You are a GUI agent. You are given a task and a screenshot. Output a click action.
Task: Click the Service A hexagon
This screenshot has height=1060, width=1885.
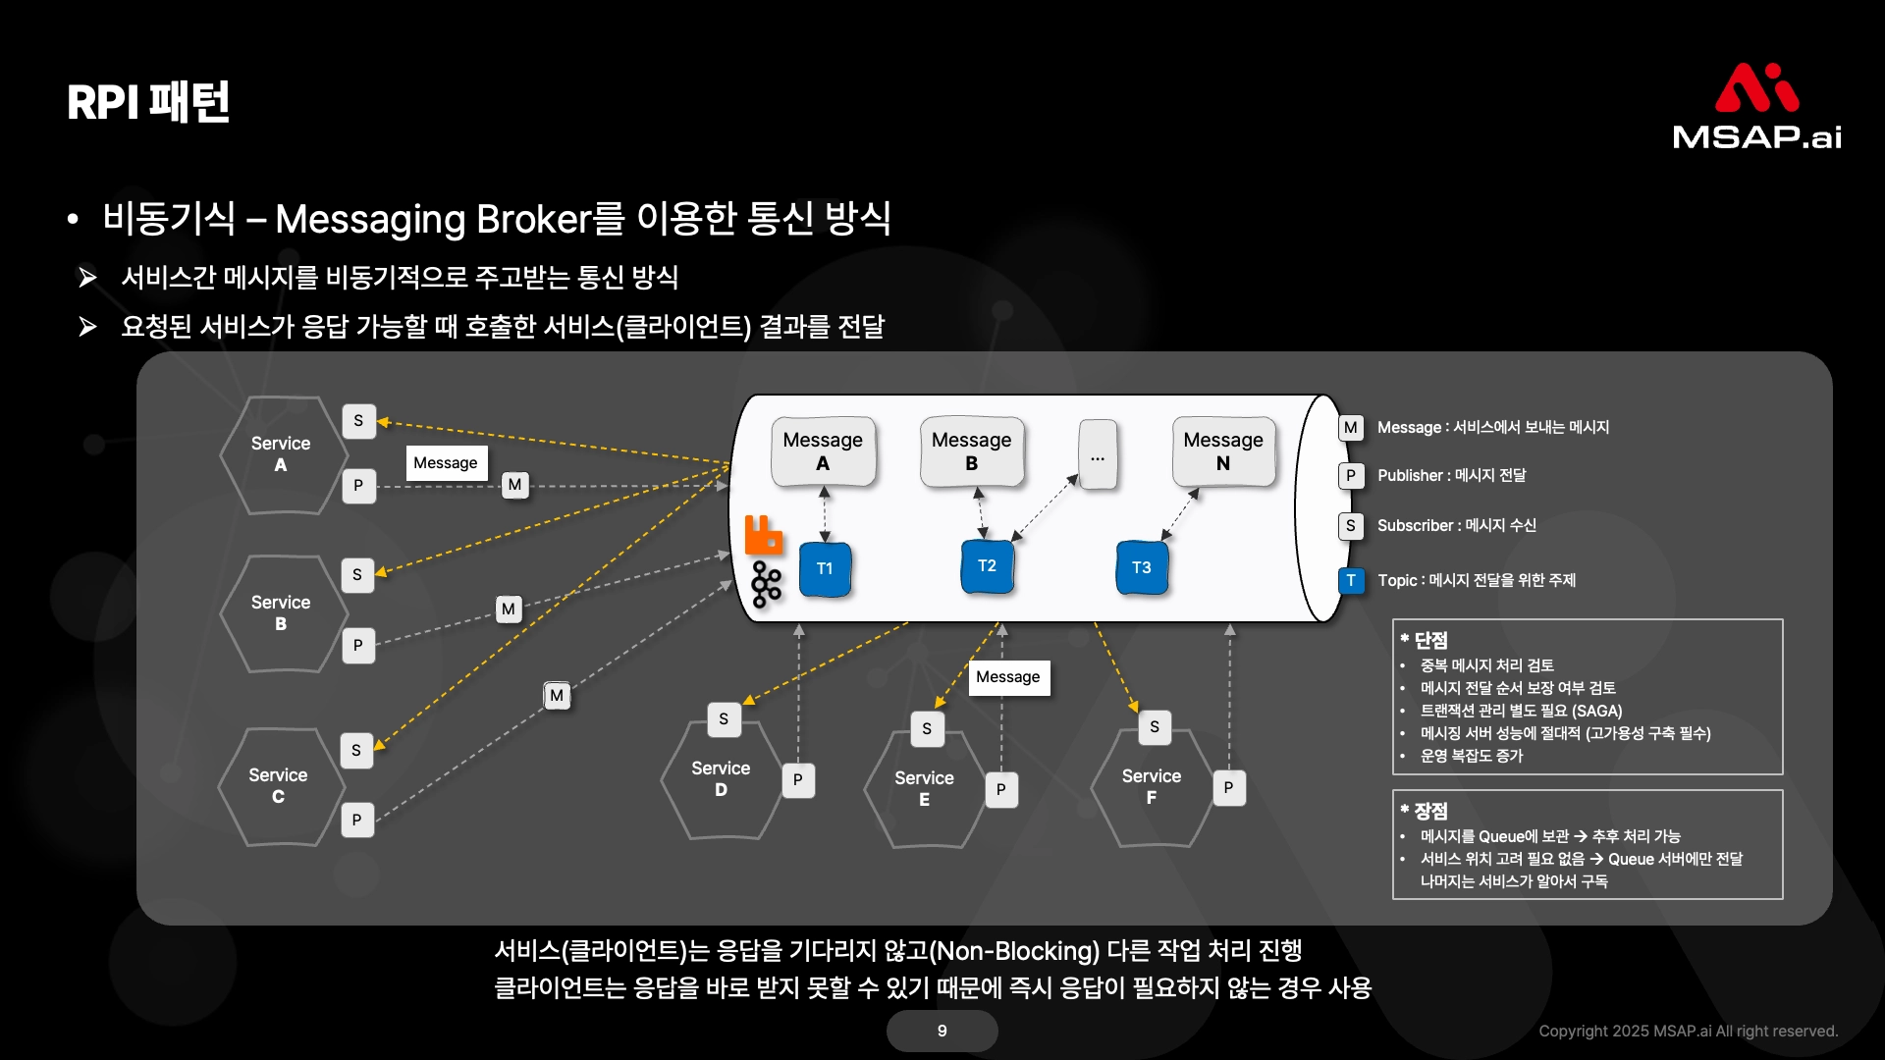(x=282, y=454)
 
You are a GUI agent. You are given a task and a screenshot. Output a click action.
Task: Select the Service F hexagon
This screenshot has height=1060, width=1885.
(x=1152, y=787)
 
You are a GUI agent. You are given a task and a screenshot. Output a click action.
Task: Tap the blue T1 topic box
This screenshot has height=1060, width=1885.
(x=825, y=568)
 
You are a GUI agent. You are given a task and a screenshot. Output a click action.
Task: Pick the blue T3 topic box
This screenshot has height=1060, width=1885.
(x=1141, y=567)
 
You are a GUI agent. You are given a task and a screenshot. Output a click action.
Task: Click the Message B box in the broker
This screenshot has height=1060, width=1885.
(x=971, y=451)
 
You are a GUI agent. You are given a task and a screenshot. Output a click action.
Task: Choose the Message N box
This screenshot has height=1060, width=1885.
(x=1223, y=451)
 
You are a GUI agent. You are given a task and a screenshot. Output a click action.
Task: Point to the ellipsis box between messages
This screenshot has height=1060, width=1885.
(x=1097, y=457)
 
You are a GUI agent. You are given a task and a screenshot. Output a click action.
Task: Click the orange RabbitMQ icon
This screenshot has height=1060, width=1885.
(x=764, y=535)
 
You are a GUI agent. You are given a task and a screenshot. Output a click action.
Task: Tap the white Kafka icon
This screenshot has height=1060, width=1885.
(x=766, y=585)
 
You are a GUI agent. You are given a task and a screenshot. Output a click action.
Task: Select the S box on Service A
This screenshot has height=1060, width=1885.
(x=358, y=421)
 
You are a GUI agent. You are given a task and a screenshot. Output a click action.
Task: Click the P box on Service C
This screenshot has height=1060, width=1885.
(x=357, y=820)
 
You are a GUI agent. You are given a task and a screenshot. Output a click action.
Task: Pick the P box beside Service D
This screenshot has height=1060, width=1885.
(x=798, y=780)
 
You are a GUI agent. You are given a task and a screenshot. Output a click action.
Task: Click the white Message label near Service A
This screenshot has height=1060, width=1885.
(x=446, y=462)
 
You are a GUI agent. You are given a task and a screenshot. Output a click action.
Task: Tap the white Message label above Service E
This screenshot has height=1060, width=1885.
(x=1008, y=677)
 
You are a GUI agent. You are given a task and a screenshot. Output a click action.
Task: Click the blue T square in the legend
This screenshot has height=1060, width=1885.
(x=1351, y=580)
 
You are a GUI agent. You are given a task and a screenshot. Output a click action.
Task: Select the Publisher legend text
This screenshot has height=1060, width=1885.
(x=1451, y=475)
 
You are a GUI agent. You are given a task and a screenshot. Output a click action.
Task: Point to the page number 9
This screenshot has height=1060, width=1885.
(x=942, y=1031)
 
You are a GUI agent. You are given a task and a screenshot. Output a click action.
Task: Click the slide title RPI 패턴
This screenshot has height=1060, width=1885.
(x=148, y=102)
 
